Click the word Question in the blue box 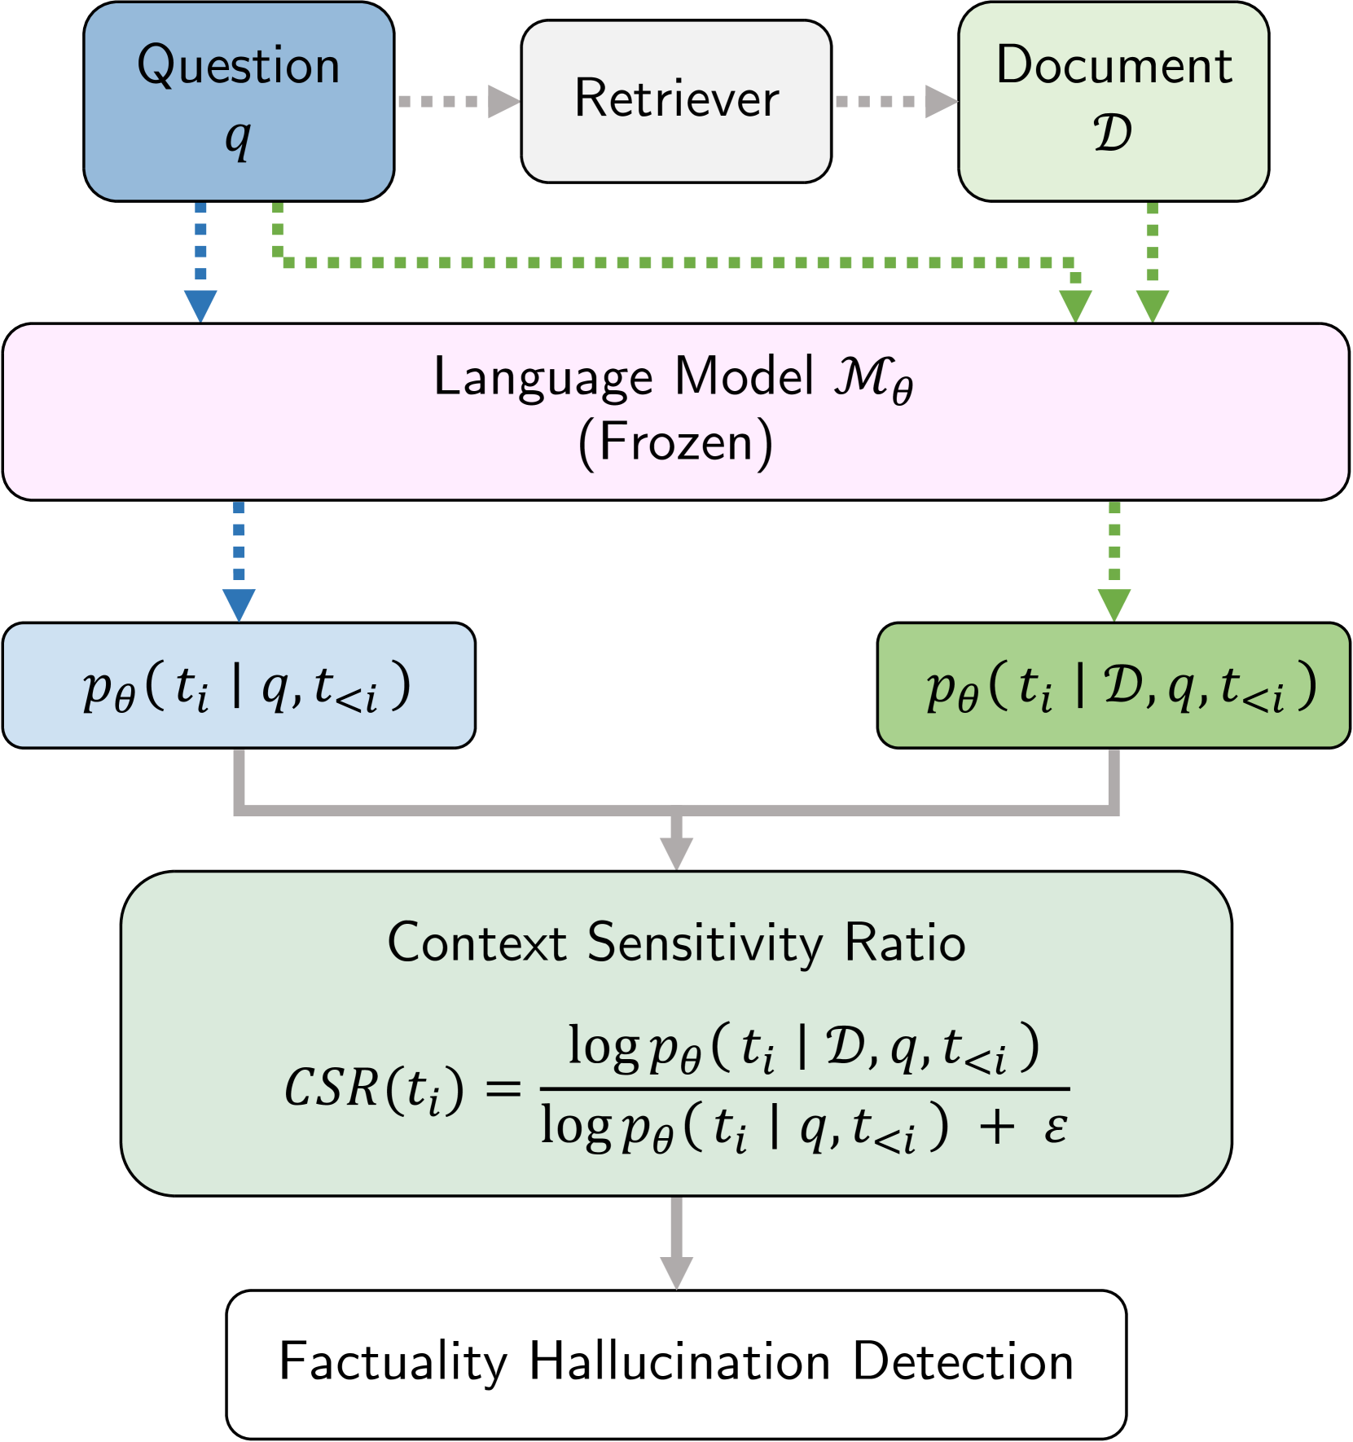click(x=238, y=66)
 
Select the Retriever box click(x=676, y=101)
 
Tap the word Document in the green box click(x=1114, y=66)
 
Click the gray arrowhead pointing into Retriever click(x=503, y=101)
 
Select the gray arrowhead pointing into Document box click(x=941, y=101)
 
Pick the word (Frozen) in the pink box click(x=675, y=443)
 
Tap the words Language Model click(x=623, y=377)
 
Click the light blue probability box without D click(x=239, y=685)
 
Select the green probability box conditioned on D click(x=1114, y=685)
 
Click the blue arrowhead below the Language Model click(x=239, y=604)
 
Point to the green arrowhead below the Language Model click(x=1114, y=604)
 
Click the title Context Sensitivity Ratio click(x=676, y=943)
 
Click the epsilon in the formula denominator click(x=1055, y=1128)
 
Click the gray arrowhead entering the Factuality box click(x=676, y=1272)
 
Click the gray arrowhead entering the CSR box click(x=676, y=853)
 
